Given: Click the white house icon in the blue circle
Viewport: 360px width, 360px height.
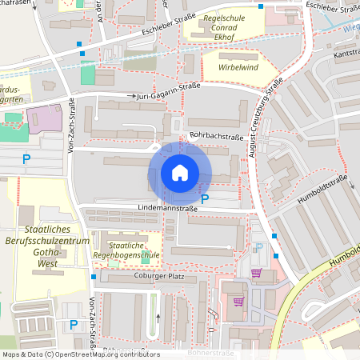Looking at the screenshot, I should (180, 173).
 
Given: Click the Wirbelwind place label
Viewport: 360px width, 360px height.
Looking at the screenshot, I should (232, 68).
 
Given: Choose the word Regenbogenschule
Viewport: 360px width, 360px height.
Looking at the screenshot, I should (134, 256).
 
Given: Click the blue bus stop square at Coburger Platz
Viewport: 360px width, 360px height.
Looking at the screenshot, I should (94, 277).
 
